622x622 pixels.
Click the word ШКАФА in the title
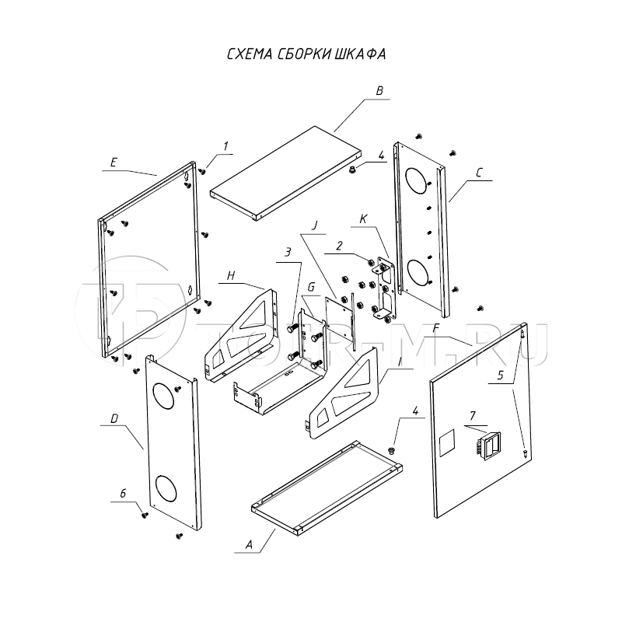[362, 54]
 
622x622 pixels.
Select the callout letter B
[379, 91]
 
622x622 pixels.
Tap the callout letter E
[114, 162]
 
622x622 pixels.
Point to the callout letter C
[480, 175]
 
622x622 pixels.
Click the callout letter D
[114, 419]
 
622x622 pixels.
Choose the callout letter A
[249, 545]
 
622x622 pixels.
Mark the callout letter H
[230, 275]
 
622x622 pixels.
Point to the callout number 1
[225, 145]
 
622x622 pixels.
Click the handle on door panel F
[486, 446]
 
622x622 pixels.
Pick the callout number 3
[288, 253]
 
